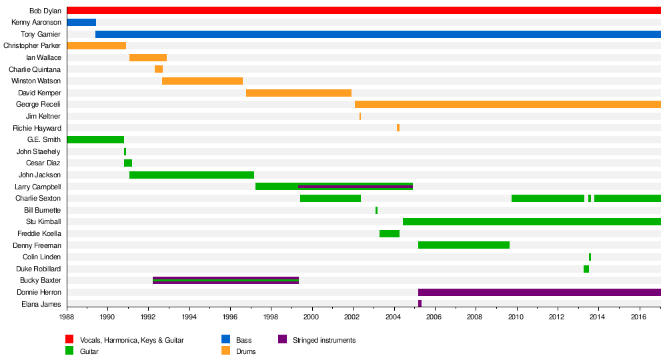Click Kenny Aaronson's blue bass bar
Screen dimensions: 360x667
pos(81,22)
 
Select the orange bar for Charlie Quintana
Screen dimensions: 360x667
pos(159,69)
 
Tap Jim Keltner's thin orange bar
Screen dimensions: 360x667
pos(360,116)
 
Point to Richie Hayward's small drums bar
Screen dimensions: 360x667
pos(398,127)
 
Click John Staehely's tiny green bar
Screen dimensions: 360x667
pos(125,151)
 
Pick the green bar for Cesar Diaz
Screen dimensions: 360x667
pos(128,163)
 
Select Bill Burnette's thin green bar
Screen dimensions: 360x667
pos(376,210)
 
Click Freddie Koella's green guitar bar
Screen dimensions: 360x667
pos(390,233)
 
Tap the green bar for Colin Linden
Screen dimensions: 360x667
pos(590,257)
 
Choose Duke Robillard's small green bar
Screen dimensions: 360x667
pos(586,269)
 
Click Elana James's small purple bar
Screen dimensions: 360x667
pos(420,303)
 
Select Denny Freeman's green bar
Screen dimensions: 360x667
pos(464,245)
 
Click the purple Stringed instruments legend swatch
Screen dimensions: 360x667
pos(281,340)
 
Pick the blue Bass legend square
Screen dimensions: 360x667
pos(225,340)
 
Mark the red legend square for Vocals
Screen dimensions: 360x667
pos(69,340)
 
